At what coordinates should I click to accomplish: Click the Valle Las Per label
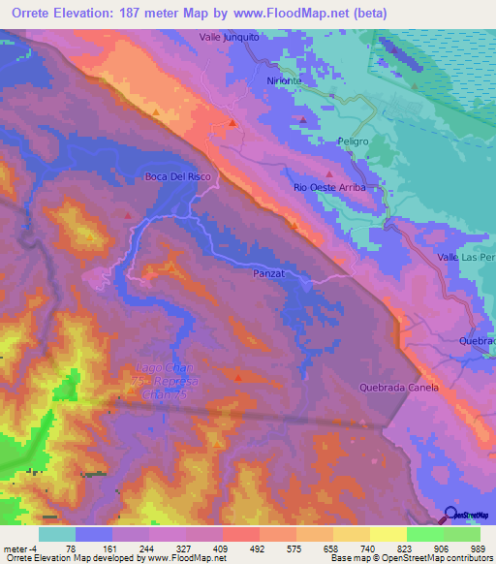pyautogui.click(x=466, y=257)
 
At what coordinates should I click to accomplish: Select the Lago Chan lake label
pyautogui.click(x=155, y=369)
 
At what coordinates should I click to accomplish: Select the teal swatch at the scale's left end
pyautogui.click(x=57, y=533)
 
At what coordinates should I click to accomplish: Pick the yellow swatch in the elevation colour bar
pyautogui.click(x=388, y=533)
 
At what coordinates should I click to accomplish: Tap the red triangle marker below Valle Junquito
pyautogui.click(x=233, y=123)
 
